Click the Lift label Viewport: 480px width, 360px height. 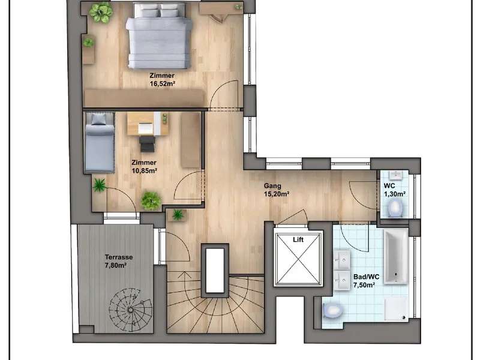point(298,239)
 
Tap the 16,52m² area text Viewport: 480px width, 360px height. point(162,83)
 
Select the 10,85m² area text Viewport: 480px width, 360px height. point(144,171)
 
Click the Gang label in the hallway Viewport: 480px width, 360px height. point(272,186)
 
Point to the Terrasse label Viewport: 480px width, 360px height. point(119,257)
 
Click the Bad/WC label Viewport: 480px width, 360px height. point(366,277)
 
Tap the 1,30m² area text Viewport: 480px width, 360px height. point(395,194)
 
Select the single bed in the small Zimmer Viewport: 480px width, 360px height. point(100,143)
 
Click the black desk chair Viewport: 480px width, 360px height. point(148,143)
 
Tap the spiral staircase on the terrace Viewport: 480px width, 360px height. point(131,310)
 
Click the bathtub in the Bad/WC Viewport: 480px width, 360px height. point(396,257)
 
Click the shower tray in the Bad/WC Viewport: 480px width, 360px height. point(397,308)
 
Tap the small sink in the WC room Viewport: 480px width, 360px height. point(397,175)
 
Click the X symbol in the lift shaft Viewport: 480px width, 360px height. point(298,259)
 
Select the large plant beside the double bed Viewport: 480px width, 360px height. point(100,12)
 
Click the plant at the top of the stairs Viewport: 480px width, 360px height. point(178,215)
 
